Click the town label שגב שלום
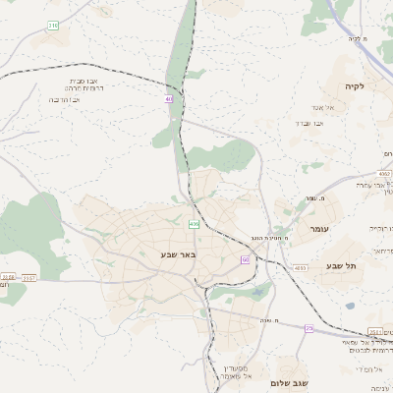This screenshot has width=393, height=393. tap(292, 382)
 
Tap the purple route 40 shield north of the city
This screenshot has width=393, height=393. tap(169, 99)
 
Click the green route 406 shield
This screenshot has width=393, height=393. tap(194, 225)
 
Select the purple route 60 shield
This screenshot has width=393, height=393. tap(246, 259)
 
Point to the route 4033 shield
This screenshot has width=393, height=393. tap(300, 267)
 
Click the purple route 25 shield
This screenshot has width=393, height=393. tap(309, 329)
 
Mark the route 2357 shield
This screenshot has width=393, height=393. tap(29, 278)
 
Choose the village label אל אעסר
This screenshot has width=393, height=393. tap(327, 107)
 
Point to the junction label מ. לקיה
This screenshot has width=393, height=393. tap(356, 38)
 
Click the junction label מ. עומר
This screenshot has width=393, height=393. tap(316, 199)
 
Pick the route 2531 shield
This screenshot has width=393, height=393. tap(375, 331)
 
